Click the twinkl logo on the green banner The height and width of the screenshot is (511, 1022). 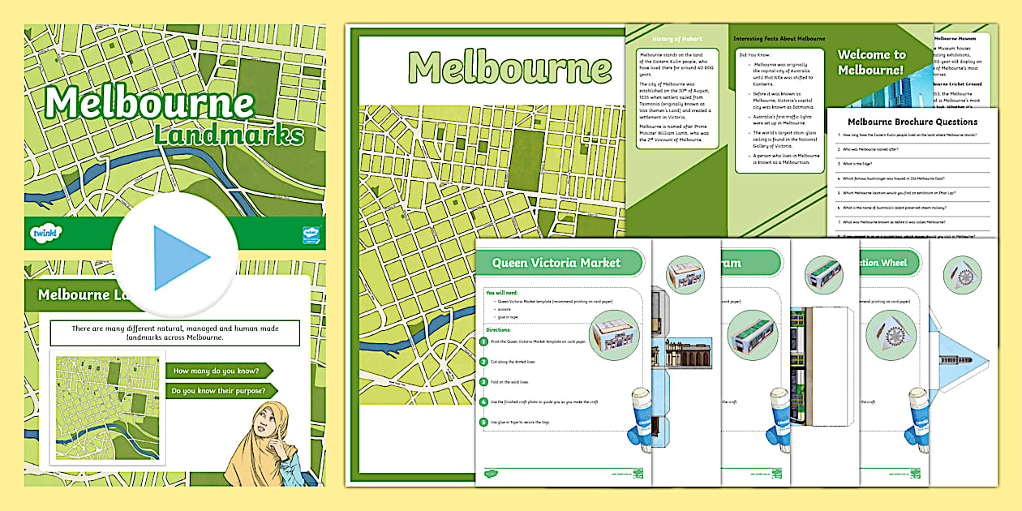tap(46, 234)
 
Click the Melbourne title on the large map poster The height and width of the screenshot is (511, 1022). tap(509, 67)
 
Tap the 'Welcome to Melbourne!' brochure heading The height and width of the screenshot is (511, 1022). tap(870, 62)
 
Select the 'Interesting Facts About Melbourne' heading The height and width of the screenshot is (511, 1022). tap(779, 38)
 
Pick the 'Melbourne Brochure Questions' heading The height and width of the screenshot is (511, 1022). tap(912, 122)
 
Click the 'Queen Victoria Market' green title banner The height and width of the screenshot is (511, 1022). tap(556, 262)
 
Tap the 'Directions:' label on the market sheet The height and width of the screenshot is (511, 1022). tap(499, 330)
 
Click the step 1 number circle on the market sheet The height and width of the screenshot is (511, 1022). tap(484, 342)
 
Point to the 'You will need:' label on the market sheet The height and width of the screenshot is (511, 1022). tap(501, 292)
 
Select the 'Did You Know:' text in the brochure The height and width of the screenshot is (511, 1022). tap(754, 55)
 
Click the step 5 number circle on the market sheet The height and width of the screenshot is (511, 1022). tap(484, 421)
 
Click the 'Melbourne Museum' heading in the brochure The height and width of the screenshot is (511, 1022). tap(966, 37)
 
